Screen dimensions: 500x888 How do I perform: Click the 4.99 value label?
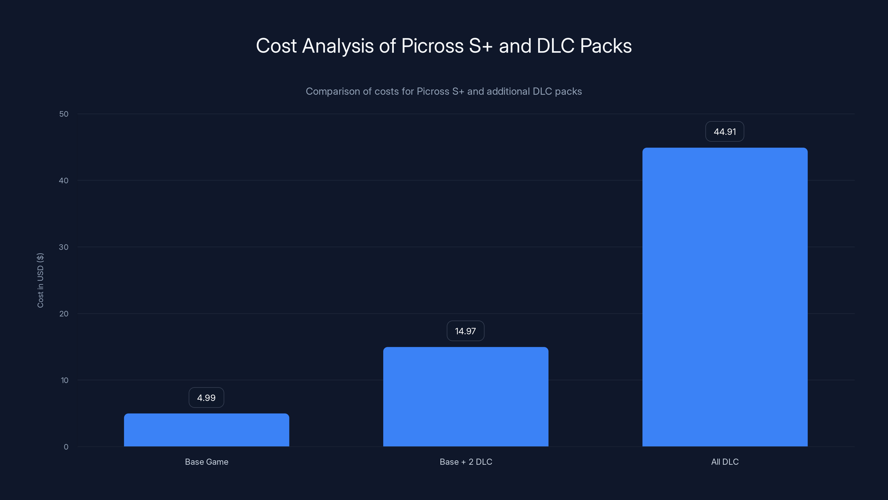(206, 397)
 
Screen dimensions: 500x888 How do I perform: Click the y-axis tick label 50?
(64, 114)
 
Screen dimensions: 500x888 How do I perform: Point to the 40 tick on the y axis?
(64, 181)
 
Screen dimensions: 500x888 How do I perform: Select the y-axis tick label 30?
(64, 247)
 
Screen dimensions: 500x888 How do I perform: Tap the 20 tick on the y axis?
(64, 314)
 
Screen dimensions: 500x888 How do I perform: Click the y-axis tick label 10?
(64, 380)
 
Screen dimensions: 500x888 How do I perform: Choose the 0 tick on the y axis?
(66, 447)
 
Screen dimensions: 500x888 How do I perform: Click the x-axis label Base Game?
(206, 462)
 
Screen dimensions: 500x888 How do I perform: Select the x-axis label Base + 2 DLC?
(466, 462)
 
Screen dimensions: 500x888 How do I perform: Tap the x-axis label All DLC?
(725, 462)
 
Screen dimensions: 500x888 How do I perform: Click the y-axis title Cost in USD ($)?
(40, 280)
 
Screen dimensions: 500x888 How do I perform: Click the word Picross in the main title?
(432, 46)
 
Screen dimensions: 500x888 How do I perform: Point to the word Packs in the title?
(606, 46)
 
